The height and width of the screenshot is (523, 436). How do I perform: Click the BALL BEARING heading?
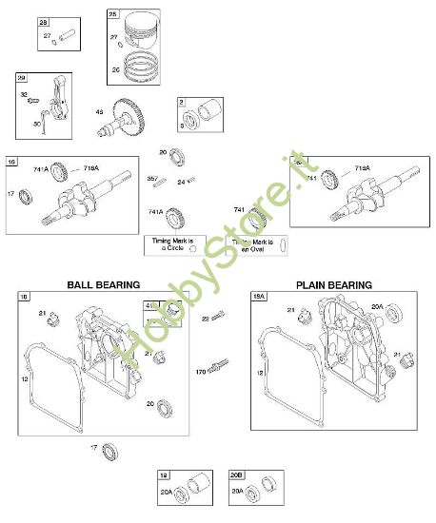[x=103, y=284]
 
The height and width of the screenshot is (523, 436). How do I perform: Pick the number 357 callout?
[x=151, y=178]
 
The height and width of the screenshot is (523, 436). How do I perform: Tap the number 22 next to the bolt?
[x=205, y=319]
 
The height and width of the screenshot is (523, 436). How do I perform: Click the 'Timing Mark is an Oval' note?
[x=253, y=245]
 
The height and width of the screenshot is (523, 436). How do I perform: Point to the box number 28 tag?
[x=43, y=22]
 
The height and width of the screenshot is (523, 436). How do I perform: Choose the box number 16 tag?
[x=11, y=161]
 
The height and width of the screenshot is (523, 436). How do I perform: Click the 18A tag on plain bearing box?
[x=259, y=297]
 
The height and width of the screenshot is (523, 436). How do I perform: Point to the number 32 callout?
[x=24, y=95]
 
